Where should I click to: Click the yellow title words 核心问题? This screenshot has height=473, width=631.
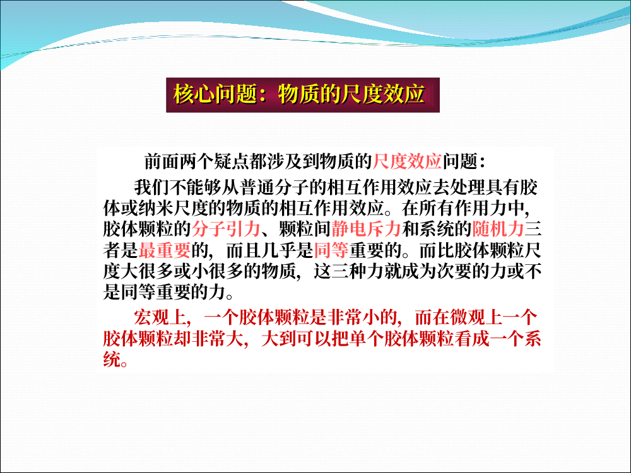[215, 95]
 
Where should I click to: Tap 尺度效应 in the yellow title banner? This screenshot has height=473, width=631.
[383, 95]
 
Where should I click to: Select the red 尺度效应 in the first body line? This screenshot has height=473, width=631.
[407, 161]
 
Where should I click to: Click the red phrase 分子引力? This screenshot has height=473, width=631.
[226, 229]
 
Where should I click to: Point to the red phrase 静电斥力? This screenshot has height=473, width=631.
[366, 229]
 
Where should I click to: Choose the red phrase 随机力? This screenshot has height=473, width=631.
[498, 229]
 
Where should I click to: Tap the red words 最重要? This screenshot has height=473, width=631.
[165, 250]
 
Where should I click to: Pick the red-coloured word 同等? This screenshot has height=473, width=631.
[331, 250]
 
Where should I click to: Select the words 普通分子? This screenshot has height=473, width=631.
[275, 187]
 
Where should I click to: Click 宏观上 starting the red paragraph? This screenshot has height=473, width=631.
[160, 317]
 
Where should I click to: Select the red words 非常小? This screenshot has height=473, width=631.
[353, 317]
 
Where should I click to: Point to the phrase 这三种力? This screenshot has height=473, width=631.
[348, 271]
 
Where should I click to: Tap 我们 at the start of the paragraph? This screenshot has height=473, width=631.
[151, 187]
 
